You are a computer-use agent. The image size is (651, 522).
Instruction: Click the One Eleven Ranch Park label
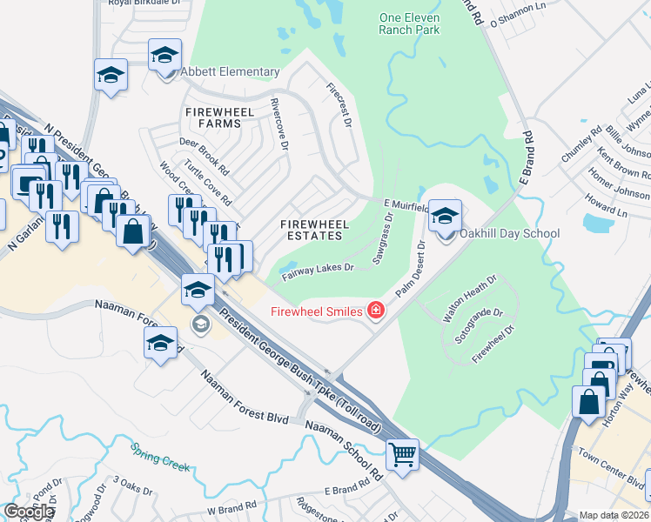(409, 23)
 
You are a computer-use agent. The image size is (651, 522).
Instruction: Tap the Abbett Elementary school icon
(164, 57)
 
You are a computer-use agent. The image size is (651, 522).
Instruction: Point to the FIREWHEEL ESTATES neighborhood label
(315, 231)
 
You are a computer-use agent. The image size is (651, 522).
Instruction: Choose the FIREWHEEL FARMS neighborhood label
(212, 117)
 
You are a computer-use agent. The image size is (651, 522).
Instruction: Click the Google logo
(29, 512)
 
